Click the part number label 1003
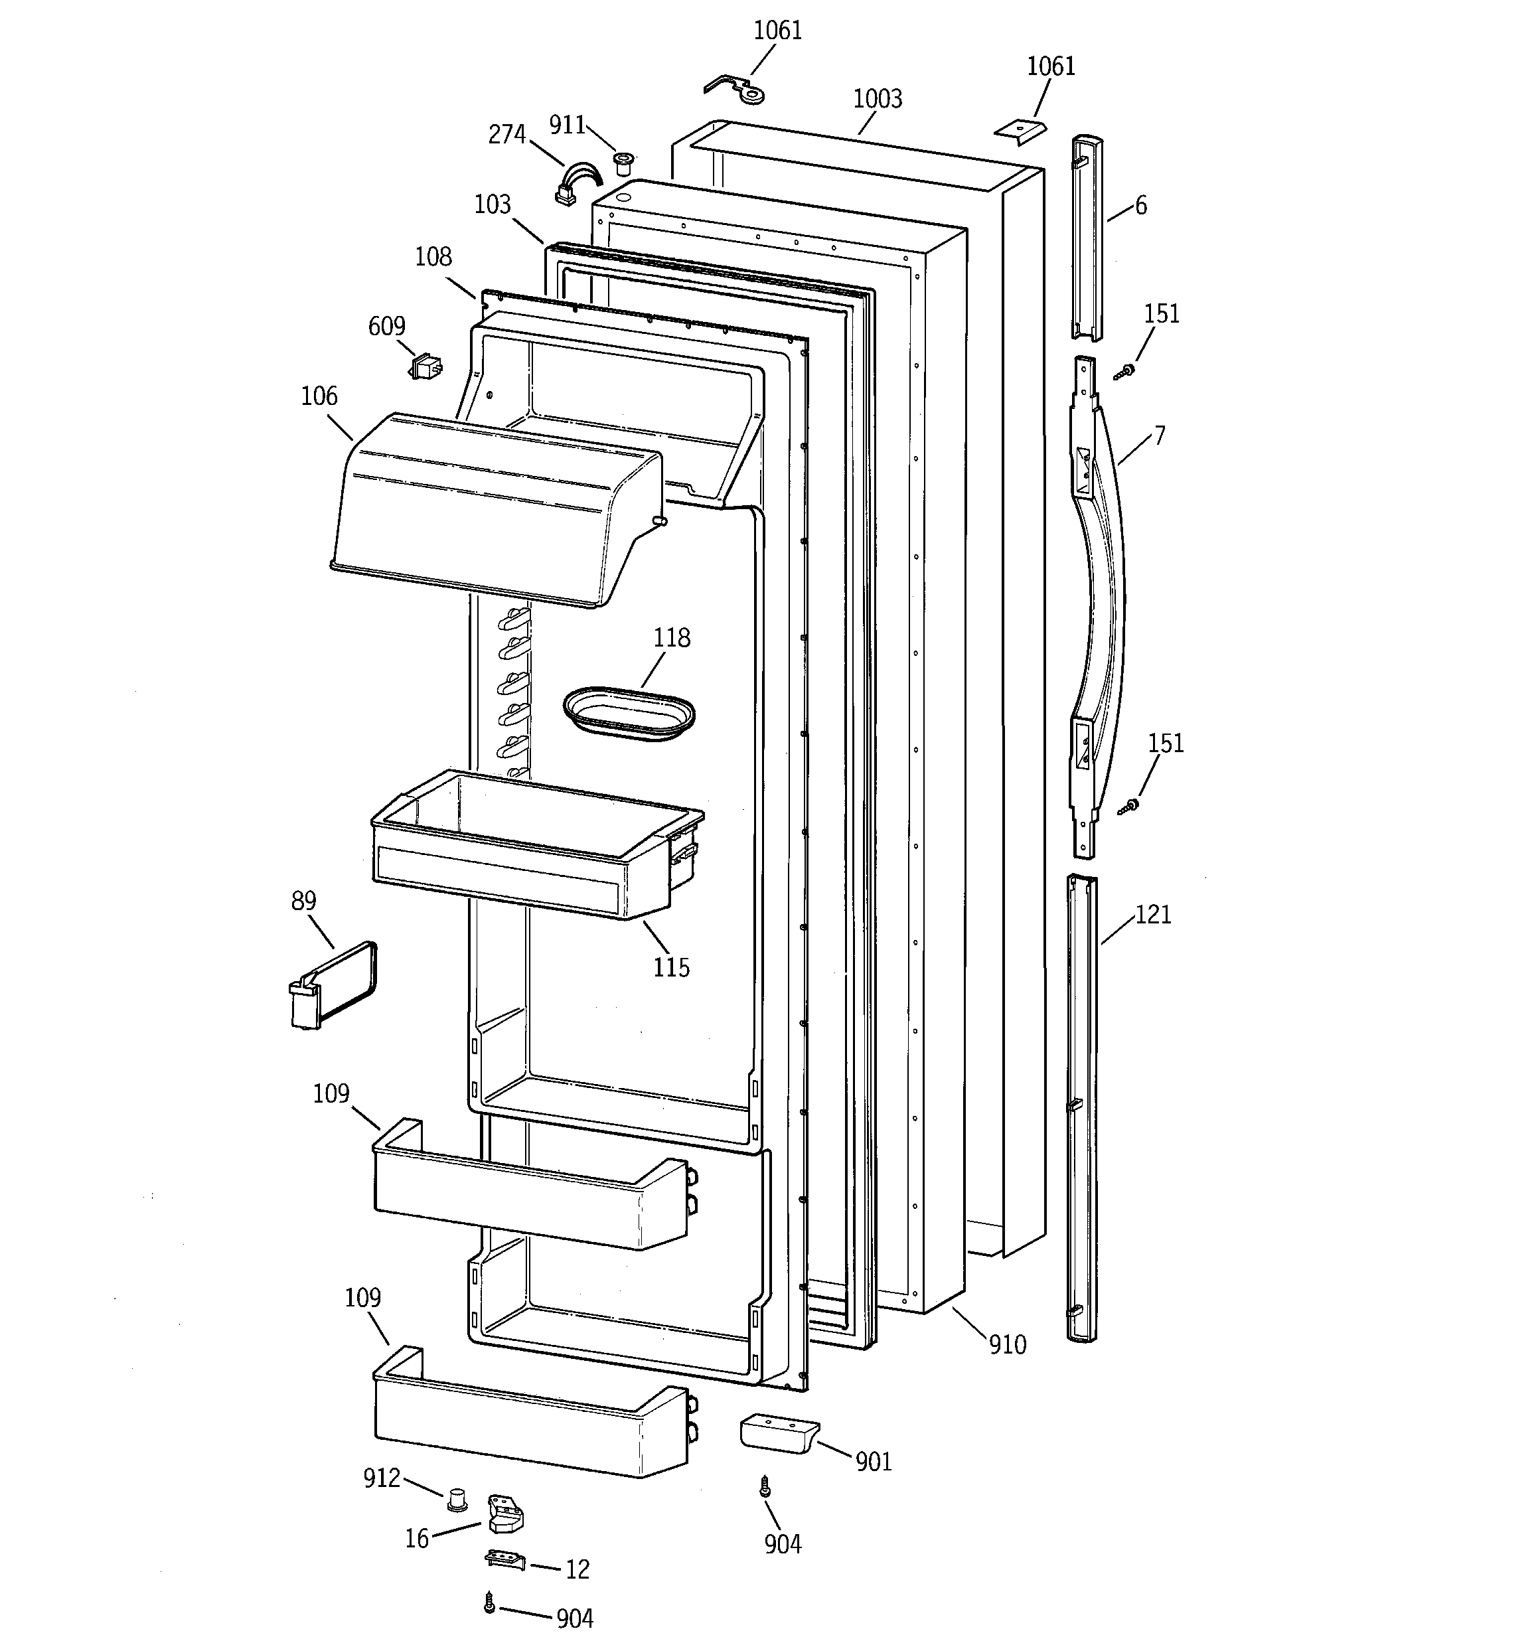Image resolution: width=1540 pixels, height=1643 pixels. (x=877, y=99)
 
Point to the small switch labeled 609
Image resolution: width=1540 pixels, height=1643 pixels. (x=425, y=366)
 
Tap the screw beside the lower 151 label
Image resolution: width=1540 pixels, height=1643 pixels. (x=1129, y=805)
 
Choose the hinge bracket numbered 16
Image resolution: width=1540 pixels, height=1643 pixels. (x=505, y=1512)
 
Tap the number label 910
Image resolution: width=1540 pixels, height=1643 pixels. (x=1008, y=1345)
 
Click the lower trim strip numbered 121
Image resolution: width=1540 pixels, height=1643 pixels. (x=1082, y=1107)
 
